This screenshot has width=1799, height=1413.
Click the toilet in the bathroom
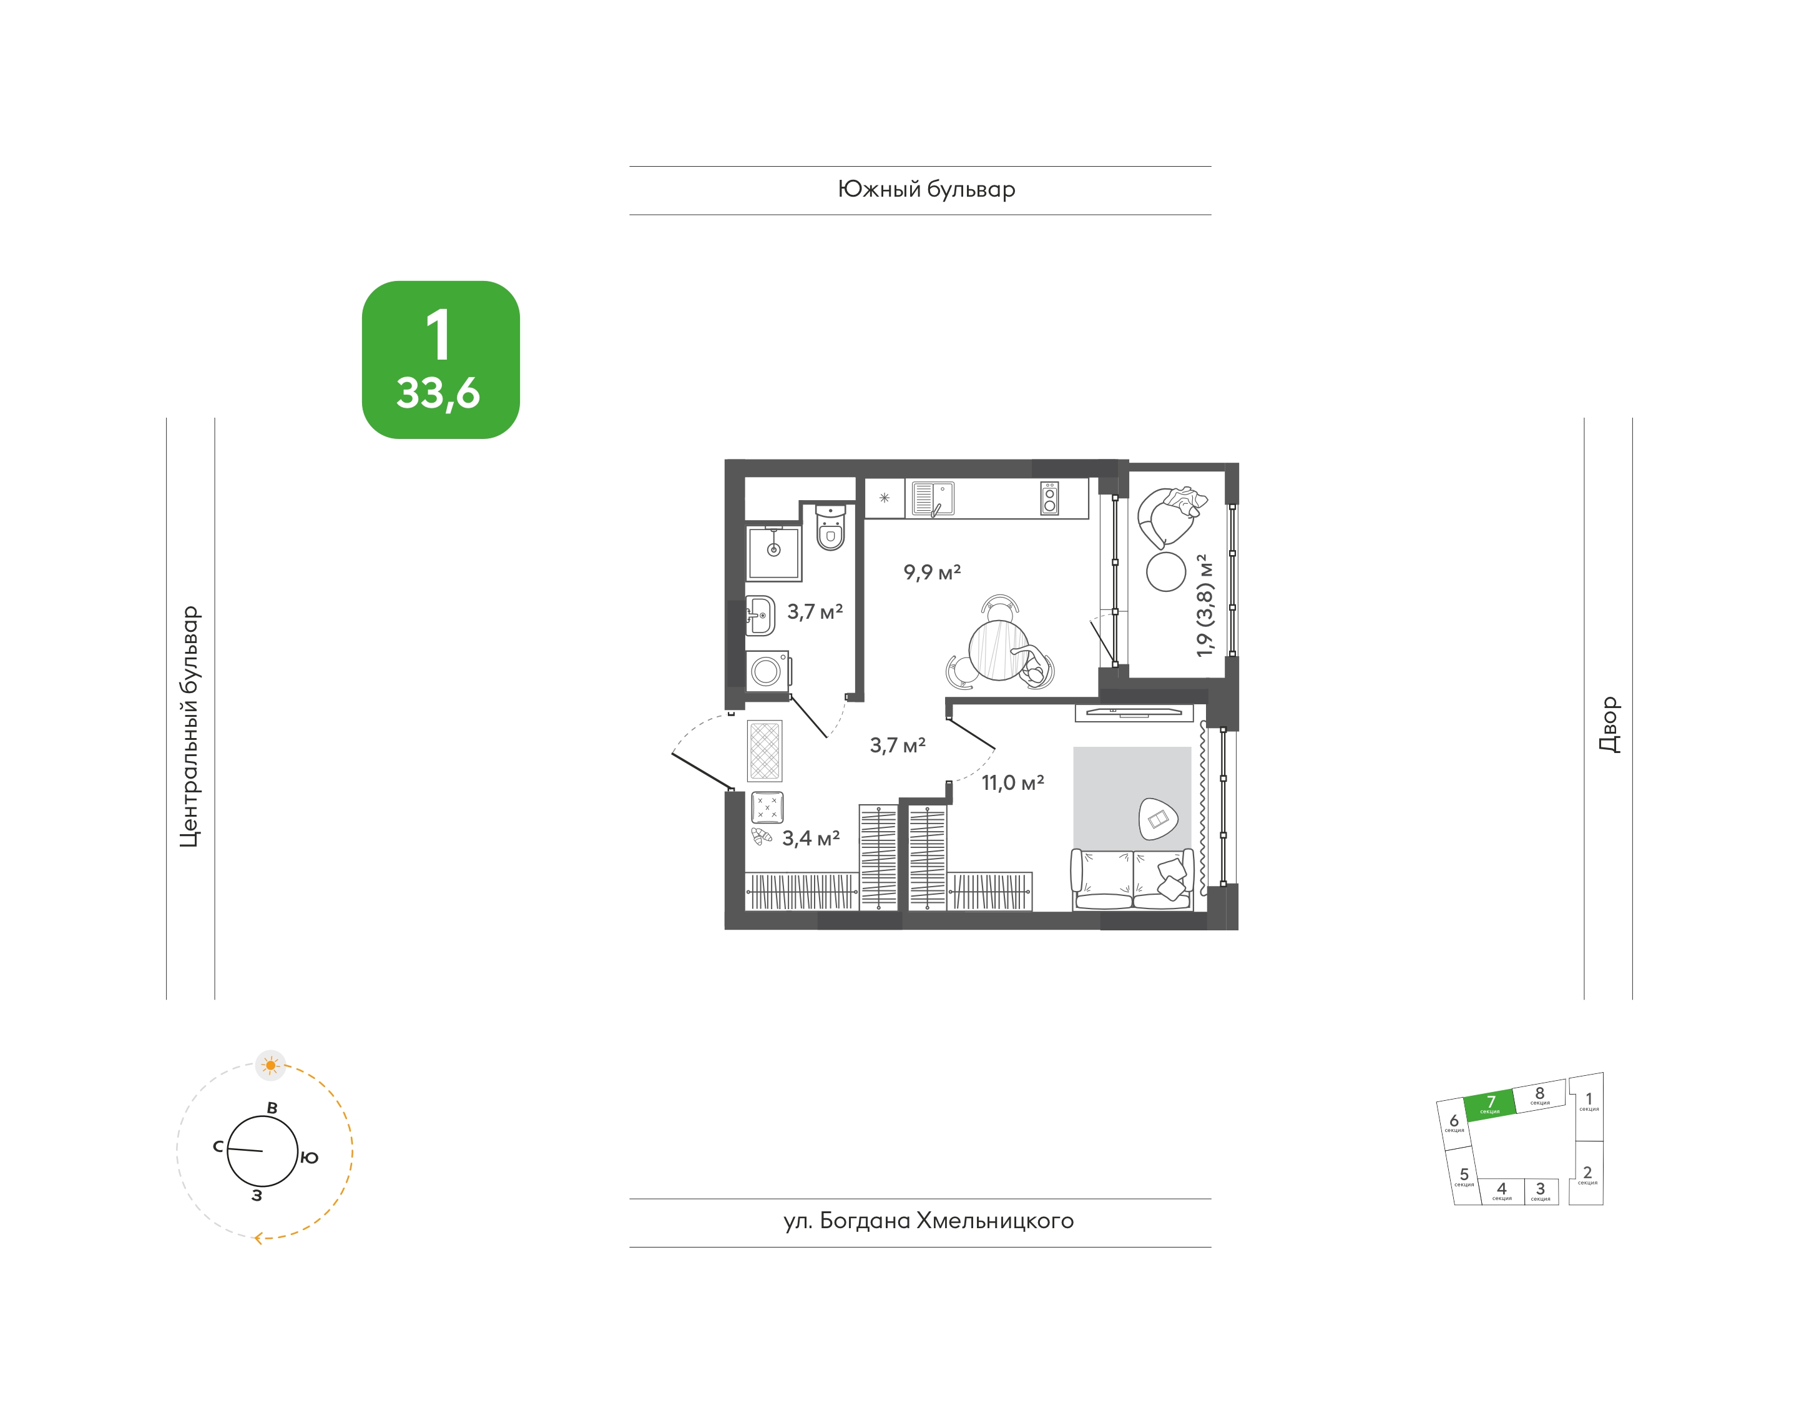pyautogui.click(x=830, y=527)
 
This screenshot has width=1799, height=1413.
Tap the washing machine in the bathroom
pyautogui.click(x=767, y=671)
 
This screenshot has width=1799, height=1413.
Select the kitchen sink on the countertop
pyautogui.click(x=932, y=499)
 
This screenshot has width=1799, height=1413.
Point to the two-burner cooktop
pyautogui.click(x=1049, y=499)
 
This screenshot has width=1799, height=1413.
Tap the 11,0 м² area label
pyautogui.click(x=1012, y=782)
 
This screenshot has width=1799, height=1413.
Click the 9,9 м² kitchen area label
pyautogui.click(x=931, y=573)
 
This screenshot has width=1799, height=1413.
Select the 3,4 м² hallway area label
pyautogui.click(x=811, y=838)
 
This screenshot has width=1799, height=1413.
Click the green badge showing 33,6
pyautogui.click(x=441, y=360)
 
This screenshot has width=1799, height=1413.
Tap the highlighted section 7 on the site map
pyautogui.click(x=1489, y=1105)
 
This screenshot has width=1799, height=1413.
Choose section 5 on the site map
pyautogui.click(x=1463, y=1176)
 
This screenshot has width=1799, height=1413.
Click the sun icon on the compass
pyautogui.click(x=270, y=1066)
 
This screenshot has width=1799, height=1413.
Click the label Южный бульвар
pyautogui.click(x=926, y=189)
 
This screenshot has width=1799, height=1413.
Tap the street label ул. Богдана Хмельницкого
pyautogui.click(x=928, y=1221)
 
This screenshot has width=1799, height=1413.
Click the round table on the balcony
pyautogui.click(x=1165, y=572)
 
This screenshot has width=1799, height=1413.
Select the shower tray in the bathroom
pyautogui.click(x=773, y=553)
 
